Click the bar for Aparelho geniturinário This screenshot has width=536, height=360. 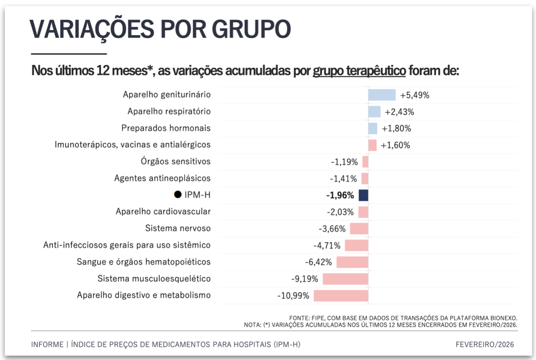381,95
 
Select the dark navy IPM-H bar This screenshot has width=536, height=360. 363,195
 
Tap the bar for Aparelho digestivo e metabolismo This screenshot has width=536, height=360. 341,295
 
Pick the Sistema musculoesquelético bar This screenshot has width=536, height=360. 345,279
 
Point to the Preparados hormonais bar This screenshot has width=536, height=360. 373,128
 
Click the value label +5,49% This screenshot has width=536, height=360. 415,95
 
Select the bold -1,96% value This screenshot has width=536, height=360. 340,195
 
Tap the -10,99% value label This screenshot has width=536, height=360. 293,296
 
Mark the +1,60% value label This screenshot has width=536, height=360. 395,145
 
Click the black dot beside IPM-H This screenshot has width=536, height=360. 178,195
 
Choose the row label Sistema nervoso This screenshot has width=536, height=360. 178,228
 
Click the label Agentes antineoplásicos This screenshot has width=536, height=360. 162,178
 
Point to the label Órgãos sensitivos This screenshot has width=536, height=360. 176,162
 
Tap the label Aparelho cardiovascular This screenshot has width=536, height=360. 163,212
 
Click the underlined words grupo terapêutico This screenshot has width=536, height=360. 359,71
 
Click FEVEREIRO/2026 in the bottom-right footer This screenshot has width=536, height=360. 485,345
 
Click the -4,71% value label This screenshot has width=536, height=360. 327,245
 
